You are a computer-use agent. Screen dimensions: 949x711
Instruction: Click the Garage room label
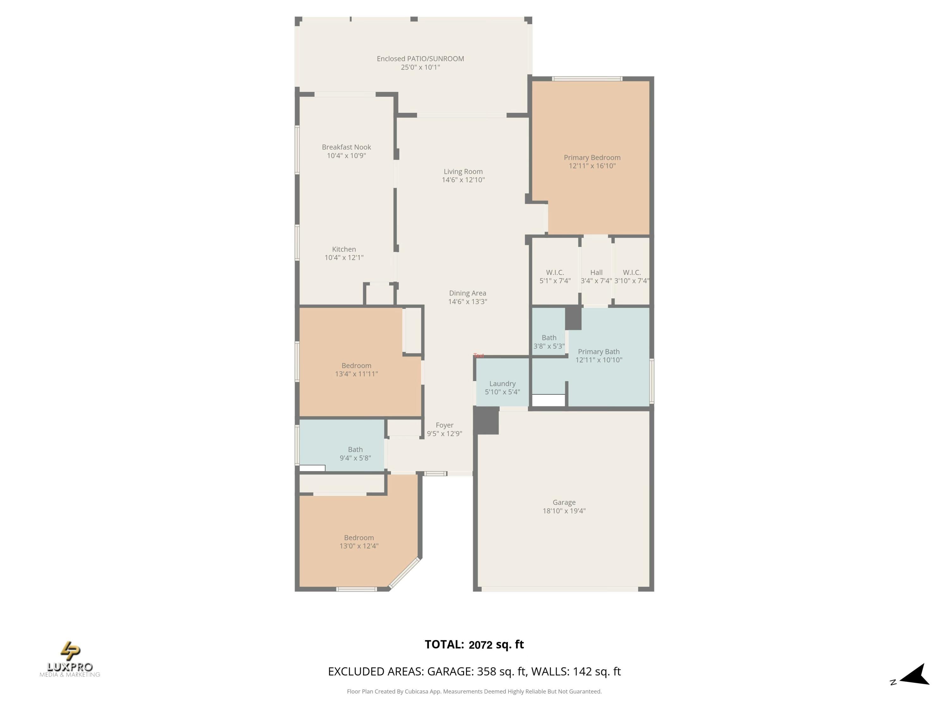tap(564, 502)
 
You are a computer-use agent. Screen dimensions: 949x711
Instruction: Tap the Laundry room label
tap(502, 384)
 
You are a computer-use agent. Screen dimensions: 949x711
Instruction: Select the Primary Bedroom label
tap(592, 157)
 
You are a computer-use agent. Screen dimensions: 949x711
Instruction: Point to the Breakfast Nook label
tap(346, 147)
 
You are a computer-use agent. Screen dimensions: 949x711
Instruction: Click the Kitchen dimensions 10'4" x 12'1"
tap(344, 258)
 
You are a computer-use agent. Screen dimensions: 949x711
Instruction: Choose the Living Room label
tap(463, 171)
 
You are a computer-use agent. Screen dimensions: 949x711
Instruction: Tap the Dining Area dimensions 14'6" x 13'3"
tap(468, 301)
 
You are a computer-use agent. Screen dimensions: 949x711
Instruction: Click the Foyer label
tap(444, 425)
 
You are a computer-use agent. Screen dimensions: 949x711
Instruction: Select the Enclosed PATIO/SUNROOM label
tap(420, 59)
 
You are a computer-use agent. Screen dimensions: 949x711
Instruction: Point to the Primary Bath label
tap(599, 351)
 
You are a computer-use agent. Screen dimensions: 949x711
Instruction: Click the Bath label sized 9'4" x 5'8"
tap(355, 450)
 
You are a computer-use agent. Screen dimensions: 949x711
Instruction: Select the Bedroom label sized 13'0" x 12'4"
tap(359, 538)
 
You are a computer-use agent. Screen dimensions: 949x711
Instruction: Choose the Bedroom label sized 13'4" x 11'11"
tap(356, 366)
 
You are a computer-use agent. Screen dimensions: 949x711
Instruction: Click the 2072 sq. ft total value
tap(496, 645)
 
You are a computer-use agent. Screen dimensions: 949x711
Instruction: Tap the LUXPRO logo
tap(70, 659)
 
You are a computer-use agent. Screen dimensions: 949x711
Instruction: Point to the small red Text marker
tap(479, 355)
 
